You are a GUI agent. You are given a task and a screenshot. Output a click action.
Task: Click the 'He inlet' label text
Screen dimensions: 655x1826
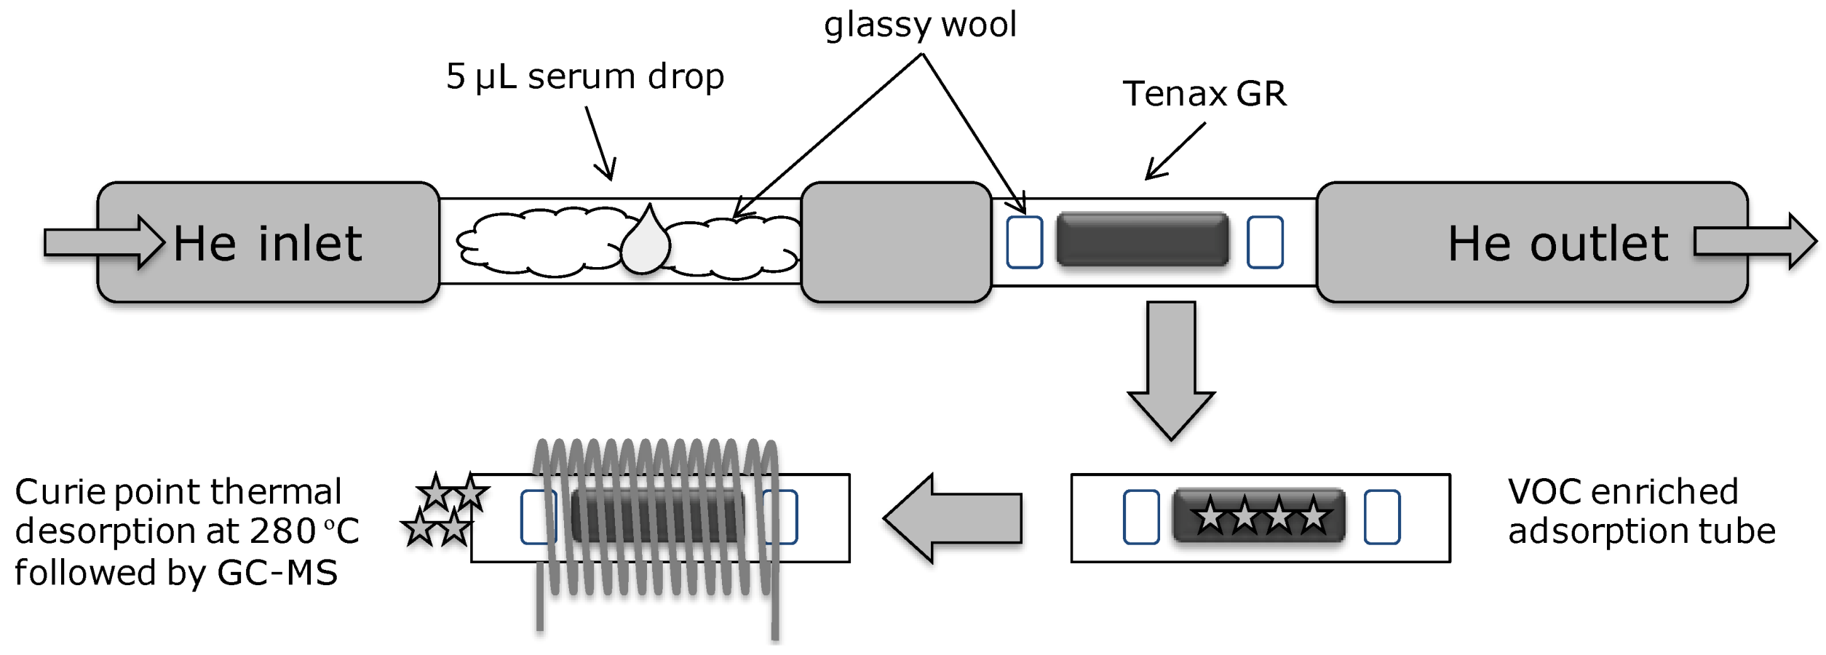click(x=267, y=243)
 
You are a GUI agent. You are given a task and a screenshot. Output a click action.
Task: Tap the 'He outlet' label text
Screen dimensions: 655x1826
click(x=1557, y=243)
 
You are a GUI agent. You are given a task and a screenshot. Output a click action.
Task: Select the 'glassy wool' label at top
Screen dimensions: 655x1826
click(x=920, y=25)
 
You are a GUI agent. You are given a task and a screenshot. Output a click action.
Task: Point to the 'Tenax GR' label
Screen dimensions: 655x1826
click(x=1204, y=94)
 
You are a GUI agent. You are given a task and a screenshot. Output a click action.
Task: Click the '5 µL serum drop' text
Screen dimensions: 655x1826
click(x=585, y=76)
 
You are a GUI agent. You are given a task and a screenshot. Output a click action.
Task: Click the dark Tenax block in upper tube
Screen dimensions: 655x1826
click(x=1142, y=239)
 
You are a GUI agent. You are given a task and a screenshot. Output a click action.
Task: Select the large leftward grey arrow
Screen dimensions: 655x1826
click(x=953, y=518)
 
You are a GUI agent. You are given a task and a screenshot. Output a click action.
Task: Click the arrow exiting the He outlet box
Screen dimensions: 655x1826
click(x=1755, y=242)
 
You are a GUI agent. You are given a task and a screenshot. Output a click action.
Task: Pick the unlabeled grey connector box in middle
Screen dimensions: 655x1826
click(x=896, y=242)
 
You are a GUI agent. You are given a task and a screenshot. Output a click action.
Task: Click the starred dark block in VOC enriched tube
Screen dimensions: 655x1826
click(x=1258, y=516)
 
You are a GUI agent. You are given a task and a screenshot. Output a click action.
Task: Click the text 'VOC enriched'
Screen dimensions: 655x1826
click(x=1623, y=492)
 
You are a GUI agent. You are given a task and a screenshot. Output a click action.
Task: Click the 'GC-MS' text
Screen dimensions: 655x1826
click(x=277, y=573)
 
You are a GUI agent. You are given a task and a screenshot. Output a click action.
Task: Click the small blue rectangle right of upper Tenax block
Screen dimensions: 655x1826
click(x=1265, y=242)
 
